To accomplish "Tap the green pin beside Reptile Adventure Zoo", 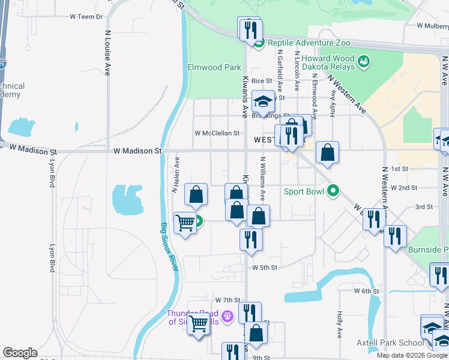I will tap(259, 43).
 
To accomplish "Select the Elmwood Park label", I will tap(214, 67).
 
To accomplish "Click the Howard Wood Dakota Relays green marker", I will tap(363, 61).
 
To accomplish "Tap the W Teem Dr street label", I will tap(86, 17).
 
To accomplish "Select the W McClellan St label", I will tap(217, 133).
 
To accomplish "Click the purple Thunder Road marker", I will tap(227, 316).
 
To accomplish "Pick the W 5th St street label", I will tap(265, 267).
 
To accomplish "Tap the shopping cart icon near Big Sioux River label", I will tap(185, 223).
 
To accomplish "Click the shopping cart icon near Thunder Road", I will tap(198, 325).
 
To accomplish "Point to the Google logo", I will tap(20, 353).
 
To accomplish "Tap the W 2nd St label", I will tap(403, 188).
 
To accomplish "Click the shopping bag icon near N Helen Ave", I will tap(196, 194).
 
